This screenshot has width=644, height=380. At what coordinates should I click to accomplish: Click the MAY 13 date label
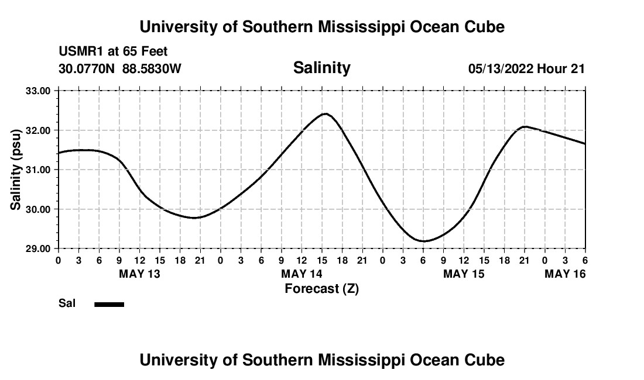click(x=139, y=274)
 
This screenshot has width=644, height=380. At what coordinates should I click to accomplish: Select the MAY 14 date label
click(x=302, y=274)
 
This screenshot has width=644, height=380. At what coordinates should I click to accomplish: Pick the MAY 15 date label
click(x=464, y=274)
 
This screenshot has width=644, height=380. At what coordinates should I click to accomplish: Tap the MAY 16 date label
click(x=565, y=274)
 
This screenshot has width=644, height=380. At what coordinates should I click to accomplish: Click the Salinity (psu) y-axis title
click(x=16, y=170)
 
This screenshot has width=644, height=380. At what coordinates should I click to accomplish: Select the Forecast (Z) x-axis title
click(x=321, y=288)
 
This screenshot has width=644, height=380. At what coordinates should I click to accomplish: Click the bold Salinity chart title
click(x=321, y=68)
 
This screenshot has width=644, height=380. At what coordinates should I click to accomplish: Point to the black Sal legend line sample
click(x=109, y=304)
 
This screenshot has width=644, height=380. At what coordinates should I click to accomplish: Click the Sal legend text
click(x=67, y=303)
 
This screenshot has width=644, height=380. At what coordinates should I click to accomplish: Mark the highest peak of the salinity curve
click(x=326, y=113)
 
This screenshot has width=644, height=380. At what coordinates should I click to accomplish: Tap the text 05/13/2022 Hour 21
click(x=526, y=69)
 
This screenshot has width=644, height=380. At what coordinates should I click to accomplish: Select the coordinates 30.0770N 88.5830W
click(x=120, y=69)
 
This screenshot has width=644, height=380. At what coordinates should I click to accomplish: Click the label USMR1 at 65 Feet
click(x=113, y=52)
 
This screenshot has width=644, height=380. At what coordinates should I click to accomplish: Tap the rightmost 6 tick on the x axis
click(x=585, y=260)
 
